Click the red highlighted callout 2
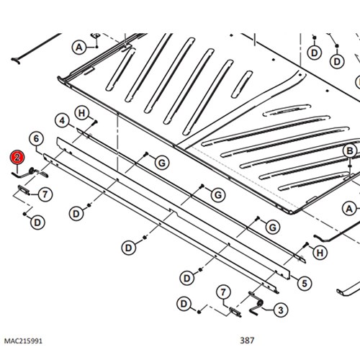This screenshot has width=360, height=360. click(17, 158)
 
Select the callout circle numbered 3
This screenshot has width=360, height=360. click(281, 310)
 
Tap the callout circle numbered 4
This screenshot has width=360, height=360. click(62, 121)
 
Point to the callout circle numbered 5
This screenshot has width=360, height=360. click(305, 284)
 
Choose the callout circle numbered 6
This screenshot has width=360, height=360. click(36, 139)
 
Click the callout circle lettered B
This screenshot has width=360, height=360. click(350, 151)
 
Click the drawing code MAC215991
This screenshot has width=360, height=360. click(23, 341)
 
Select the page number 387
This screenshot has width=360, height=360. click(247, 341)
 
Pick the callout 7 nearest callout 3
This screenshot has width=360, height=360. click(223, 292)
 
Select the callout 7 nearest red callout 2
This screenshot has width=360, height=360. click(45, 194)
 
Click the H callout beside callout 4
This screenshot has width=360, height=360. click(82, 113)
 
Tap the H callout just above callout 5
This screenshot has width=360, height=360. click(320, 253)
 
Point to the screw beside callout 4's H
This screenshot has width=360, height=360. click(94, 122)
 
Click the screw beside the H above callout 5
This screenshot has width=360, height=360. click(306, 245)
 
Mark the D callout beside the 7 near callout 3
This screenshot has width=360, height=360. click(184, 304)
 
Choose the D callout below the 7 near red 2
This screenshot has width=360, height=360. click(37, 222)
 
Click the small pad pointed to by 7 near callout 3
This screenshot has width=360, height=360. click(235, 312)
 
